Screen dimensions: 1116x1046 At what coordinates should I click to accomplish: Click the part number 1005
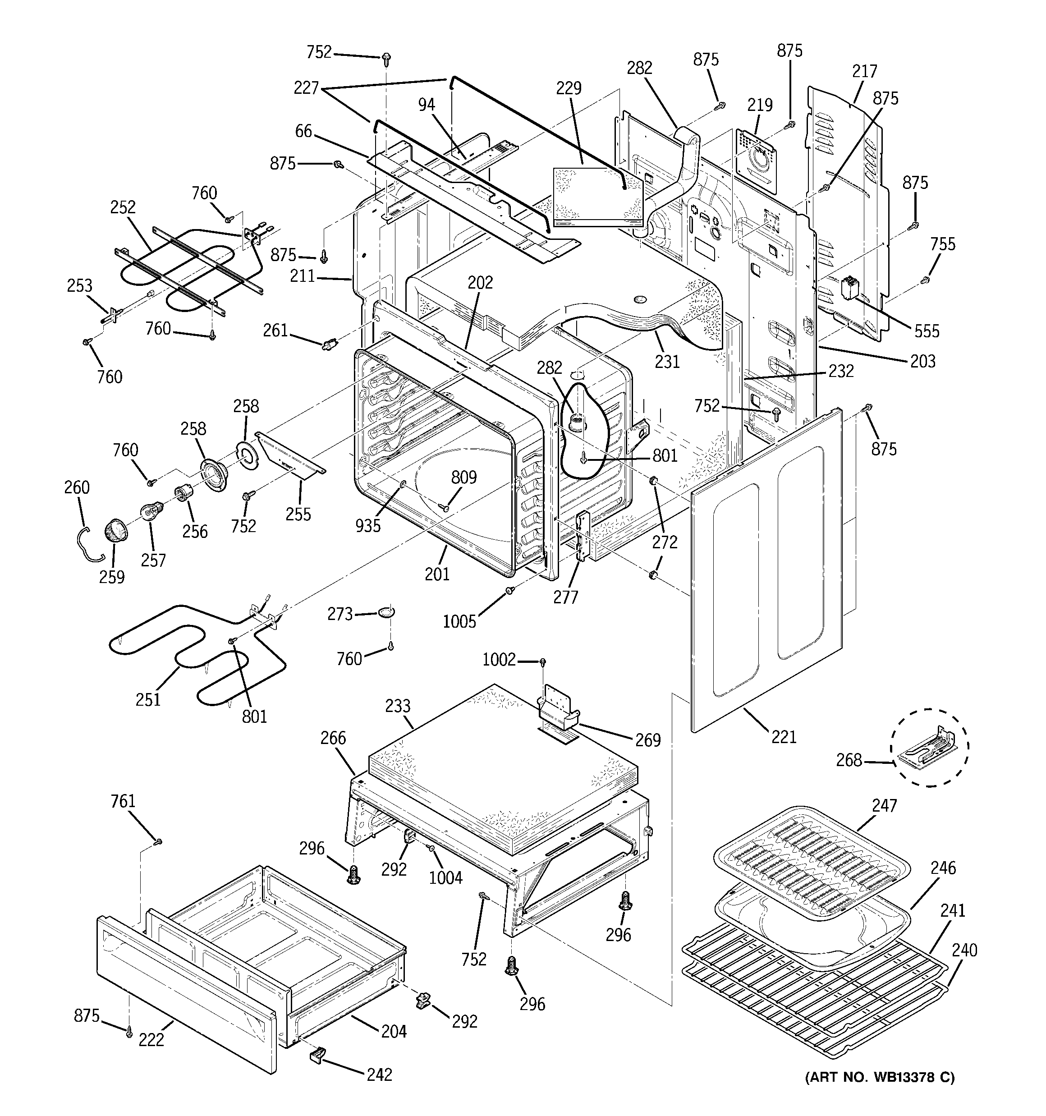459,621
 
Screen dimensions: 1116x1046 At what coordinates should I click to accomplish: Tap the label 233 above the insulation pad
398,706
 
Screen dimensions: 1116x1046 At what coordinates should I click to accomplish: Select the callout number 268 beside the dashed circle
849,760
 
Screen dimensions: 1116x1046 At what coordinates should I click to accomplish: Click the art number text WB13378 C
880,1077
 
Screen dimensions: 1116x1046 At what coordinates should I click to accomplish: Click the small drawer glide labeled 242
318,1054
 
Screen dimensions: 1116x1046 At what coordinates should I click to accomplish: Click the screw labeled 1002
543,663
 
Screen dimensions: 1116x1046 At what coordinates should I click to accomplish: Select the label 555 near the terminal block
927,331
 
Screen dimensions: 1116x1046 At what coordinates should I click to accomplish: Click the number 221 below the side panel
784,736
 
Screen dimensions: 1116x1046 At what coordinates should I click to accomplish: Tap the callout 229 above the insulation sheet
569,88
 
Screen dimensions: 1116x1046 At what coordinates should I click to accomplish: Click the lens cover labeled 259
115,530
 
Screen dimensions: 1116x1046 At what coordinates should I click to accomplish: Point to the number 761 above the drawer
123,801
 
